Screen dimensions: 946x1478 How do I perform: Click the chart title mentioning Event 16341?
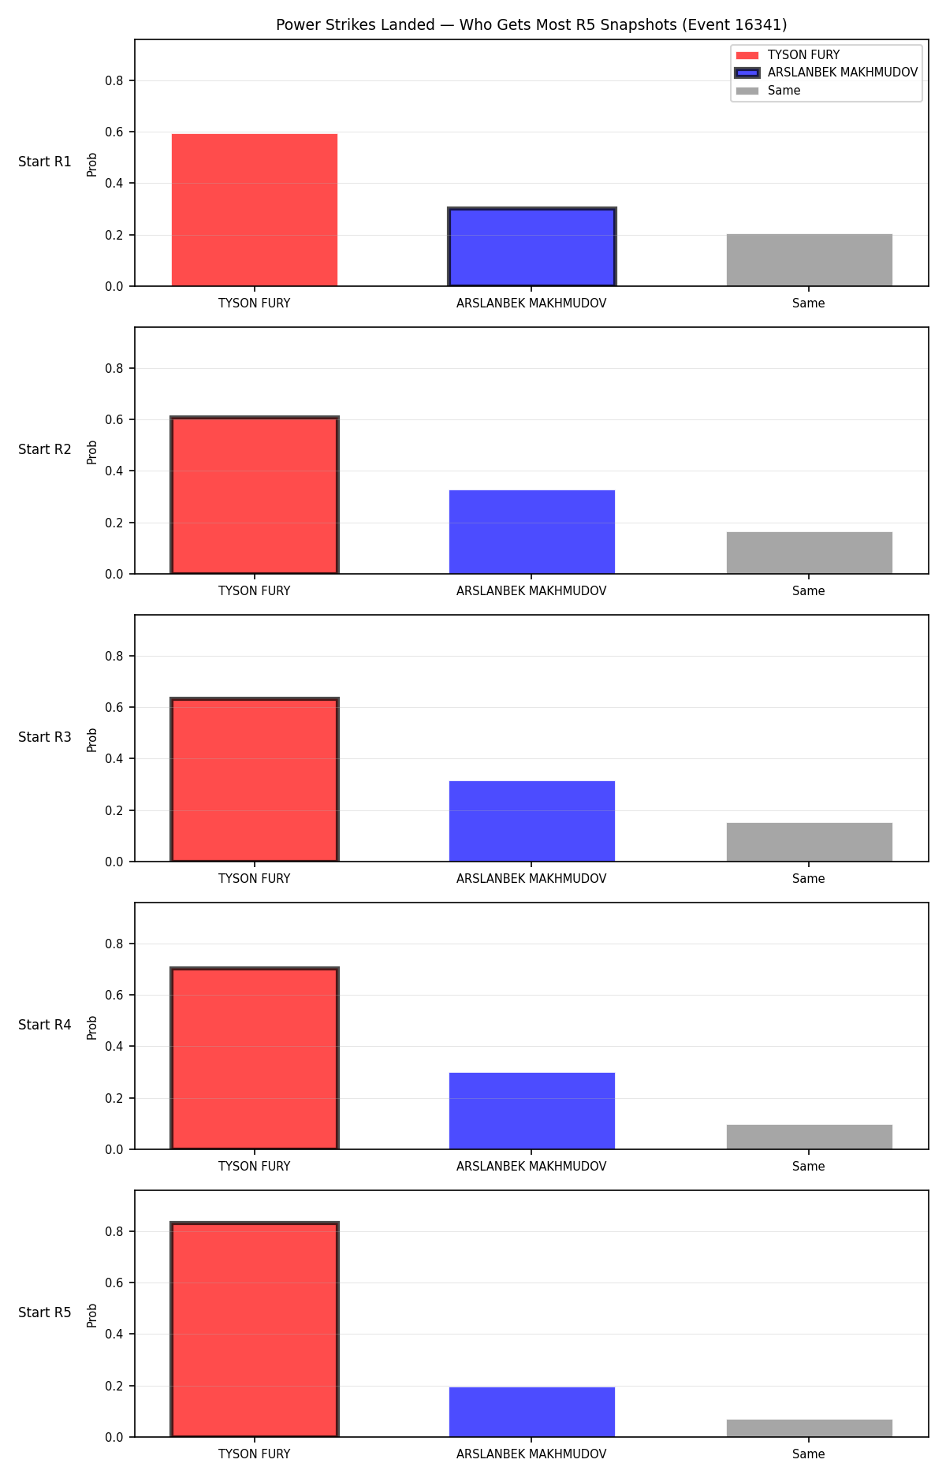(x=531, y=24)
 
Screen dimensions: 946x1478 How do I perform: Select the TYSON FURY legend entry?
(x=788, y=55)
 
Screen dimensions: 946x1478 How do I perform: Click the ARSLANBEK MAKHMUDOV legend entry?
(x=827, y=73)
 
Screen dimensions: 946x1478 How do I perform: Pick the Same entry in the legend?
(x=769, y=91)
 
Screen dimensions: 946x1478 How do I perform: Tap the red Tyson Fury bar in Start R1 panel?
(x=255, y=210)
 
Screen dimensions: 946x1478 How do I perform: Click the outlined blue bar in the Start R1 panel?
(x=531, y=247)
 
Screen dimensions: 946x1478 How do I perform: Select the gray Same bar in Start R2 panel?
(x=809, y=553)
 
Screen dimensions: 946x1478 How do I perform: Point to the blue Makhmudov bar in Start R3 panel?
(x=531, y=821)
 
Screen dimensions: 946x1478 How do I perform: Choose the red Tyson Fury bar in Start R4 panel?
(x=255, y=1058)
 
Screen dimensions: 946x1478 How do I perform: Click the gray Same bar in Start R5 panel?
(x=809, y=1428)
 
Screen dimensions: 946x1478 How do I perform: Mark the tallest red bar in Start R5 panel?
(x=255, y=1329)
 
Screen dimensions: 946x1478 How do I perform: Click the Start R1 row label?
(x=45, y=162)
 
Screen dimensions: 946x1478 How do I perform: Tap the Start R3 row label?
(x=45, y=737)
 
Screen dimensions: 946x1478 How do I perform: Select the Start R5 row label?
(x=45, y=1312)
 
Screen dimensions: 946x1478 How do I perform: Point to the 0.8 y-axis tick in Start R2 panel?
(x=114, y=368)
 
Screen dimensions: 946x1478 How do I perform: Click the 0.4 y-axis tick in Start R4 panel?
(x=114, y=1047)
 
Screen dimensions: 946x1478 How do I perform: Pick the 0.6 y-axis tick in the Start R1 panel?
(x=114, y=132)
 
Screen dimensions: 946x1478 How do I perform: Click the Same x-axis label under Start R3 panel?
(x=809, y=878)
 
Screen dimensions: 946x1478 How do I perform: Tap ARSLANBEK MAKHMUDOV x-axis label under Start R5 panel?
(x=531, y=1454)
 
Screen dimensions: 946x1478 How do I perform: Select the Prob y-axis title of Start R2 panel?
(x=92, y=452)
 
